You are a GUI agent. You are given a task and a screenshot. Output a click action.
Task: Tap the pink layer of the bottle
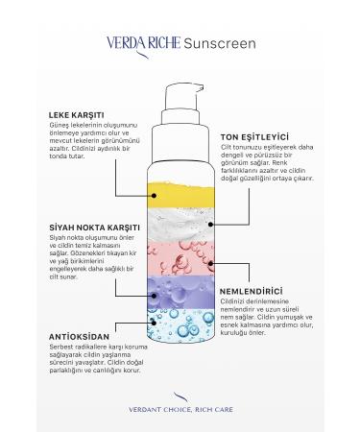pos(180,257)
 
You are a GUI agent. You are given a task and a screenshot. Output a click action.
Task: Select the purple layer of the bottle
pos(180,291)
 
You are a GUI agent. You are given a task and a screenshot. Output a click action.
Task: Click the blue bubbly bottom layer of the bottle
pos(180,325)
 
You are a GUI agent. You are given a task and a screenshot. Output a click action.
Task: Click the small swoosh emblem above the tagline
pos(180,395)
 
